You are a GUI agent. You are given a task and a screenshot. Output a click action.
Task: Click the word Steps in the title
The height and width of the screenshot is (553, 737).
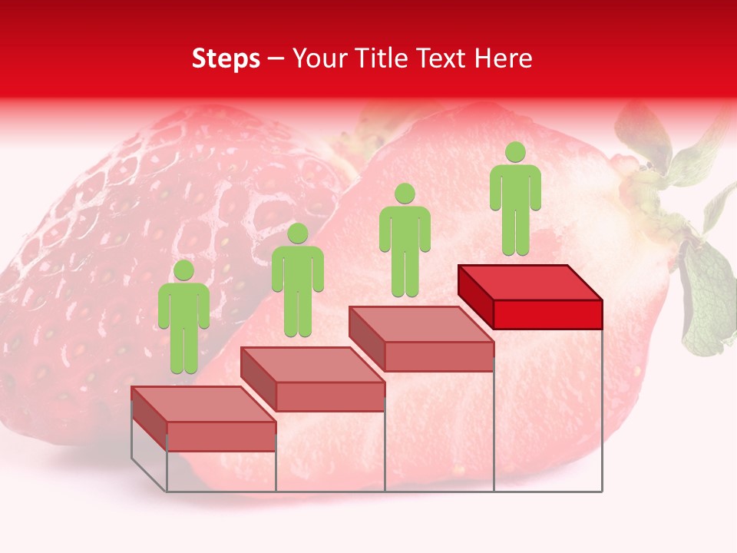point(226,59)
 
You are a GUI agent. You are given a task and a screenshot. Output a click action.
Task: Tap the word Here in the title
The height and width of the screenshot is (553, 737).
point(504,59)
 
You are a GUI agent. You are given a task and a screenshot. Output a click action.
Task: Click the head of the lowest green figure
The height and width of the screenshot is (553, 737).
point(183,270)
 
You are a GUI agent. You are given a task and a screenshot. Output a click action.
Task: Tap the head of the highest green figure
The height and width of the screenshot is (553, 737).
point(515,152)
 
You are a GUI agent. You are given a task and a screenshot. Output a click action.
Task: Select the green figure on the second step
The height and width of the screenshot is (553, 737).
point(297,284)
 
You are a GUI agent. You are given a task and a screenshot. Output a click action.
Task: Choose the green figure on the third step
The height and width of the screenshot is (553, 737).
point(405,244)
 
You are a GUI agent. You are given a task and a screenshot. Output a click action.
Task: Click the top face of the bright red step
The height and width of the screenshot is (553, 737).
point(530,282)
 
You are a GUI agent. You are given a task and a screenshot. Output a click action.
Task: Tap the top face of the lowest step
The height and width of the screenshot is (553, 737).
point(203,403)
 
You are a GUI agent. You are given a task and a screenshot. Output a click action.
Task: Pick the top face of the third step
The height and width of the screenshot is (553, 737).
point(421,323)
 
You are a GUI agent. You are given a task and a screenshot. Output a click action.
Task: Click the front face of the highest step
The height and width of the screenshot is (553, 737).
point(547,314)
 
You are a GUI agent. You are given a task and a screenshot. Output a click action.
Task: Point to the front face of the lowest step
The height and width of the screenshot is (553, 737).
point(221,436)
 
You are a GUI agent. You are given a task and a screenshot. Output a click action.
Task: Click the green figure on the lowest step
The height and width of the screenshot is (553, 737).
point(183,323)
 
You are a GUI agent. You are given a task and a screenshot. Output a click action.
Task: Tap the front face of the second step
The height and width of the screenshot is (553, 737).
point(330,396)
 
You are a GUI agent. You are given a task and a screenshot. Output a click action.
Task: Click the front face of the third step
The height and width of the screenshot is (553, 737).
point(438,356)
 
